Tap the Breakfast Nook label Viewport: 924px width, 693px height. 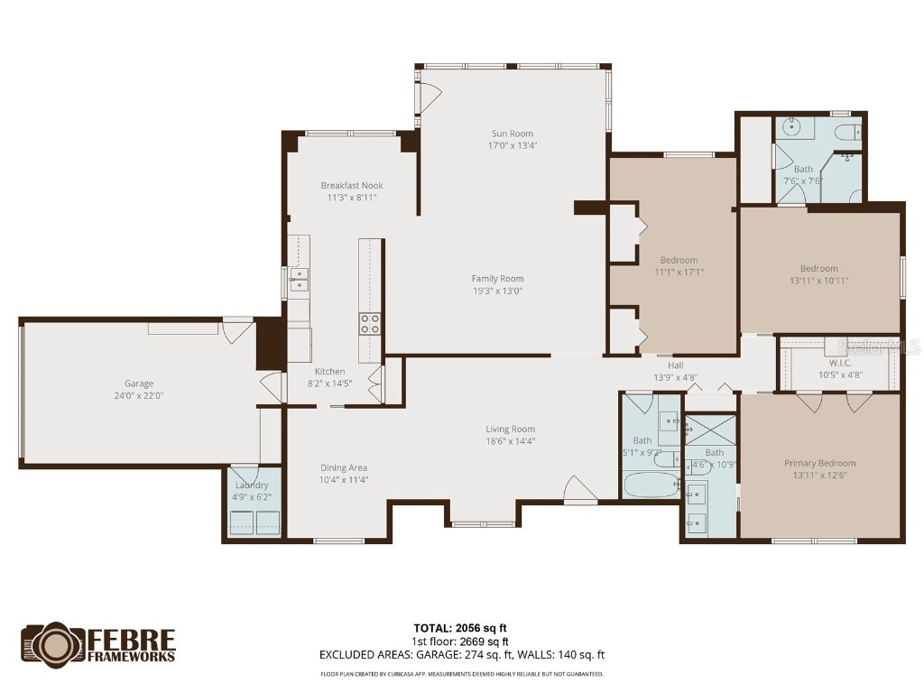pos(352,186)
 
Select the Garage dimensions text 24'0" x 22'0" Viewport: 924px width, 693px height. pos(138,395)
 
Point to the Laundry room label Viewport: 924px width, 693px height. pos(252,485)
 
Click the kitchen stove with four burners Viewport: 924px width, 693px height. pos(370,324)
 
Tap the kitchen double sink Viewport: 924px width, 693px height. pos(299,280)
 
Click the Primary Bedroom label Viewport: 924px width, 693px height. pos(819,463)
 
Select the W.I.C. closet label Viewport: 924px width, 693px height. pos(839,363)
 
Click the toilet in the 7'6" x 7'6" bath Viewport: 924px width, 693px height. pos(847,134)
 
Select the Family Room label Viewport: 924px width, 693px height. pos(497,279)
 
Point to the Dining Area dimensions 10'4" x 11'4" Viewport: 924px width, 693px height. pos(344,479)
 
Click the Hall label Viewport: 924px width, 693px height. pos(676,365)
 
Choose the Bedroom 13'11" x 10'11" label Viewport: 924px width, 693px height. pos(818,268)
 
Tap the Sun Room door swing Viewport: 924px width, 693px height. pos(430,94)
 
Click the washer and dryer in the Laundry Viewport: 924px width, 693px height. pos(255,522)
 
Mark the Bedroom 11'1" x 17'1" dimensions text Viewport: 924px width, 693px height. pos(679,272)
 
